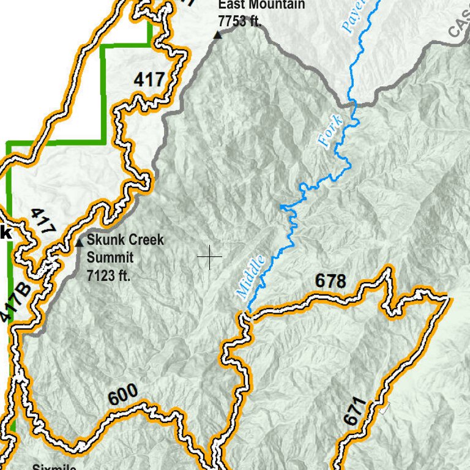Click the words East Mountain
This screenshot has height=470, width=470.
(261, 5)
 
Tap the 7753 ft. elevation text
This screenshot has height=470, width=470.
(240, 20)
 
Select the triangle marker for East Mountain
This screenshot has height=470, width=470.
(217, 35)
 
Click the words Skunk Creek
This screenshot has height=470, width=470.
(125, 240)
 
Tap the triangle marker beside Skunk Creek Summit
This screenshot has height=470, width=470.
(79, 243)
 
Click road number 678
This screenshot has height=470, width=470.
(330, 282)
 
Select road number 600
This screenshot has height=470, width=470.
(123, 395)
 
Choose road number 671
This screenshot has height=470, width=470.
(354, 411)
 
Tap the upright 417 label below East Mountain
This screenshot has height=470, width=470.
(149, 79)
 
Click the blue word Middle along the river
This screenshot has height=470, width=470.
(251, 277)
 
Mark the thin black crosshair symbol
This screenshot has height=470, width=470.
(209, 257)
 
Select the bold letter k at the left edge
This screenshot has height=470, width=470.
(6, 233)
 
